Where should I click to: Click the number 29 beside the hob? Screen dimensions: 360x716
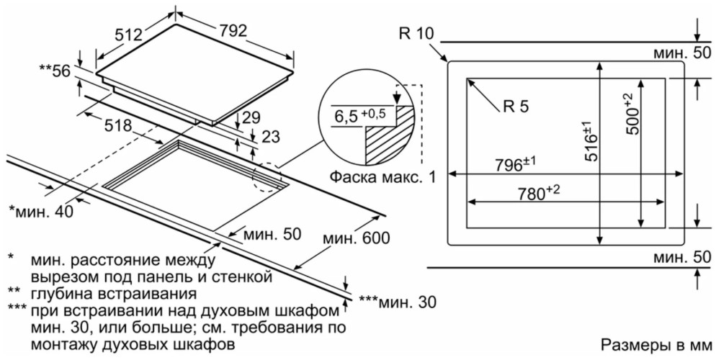(x=251, y=117)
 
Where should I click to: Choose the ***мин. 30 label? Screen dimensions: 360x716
(x=397, y=301)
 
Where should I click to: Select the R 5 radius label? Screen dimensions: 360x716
(x=516, y=106)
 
